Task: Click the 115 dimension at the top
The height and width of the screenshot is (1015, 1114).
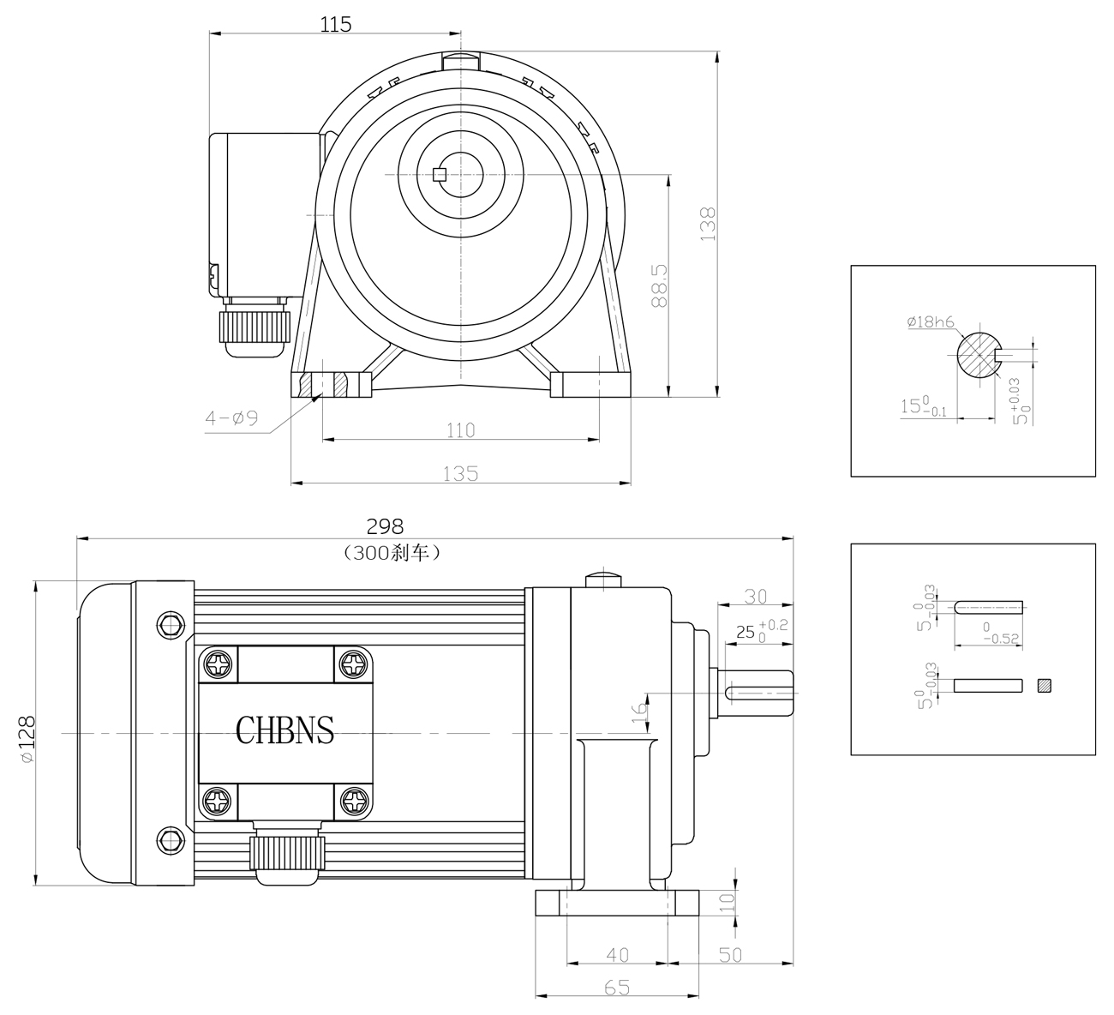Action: coord(336,25)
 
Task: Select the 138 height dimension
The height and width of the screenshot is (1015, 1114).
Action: coord(708,224)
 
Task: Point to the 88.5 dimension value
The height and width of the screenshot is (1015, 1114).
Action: coord(660,285)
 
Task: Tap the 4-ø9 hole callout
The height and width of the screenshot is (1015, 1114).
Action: coord(231,417)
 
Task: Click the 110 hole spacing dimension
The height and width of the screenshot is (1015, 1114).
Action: coord(461,430)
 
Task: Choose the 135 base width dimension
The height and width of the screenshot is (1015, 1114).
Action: coord(460,473)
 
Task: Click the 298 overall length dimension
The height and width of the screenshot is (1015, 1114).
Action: coord(385,526)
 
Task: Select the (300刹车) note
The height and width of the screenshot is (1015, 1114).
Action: coord(392,553)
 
